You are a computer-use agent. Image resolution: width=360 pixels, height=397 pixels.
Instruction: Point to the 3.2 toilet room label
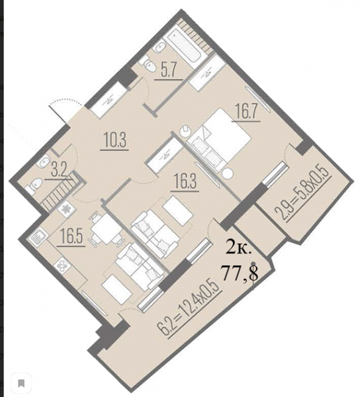click(x=59, y=171)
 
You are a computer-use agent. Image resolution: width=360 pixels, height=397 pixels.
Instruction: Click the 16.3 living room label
click(x=185, y=181)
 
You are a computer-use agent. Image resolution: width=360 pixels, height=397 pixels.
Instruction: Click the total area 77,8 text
click(x=240, y=273)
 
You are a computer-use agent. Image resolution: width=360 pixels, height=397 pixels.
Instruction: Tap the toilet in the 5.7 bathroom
click(x=149, y=65)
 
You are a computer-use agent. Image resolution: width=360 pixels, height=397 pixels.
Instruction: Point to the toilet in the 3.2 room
click(x=34, y=185)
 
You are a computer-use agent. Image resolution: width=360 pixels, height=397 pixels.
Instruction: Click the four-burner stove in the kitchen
click(x=62, y=265)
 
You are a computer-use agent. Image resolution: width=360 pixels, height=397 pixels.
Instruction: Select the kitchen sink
click(x=38, y=236)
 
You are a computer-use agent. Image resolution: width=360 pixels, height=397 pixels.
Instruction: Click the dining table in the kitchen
click(x=104, y=228)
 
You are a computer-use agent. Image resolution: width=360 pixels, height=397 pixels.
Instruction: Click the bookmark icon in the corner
click(x=22, y=383)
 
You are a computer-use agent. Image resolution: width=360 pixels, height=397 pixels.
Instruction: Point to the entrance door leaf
click(x=58, y=113)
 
